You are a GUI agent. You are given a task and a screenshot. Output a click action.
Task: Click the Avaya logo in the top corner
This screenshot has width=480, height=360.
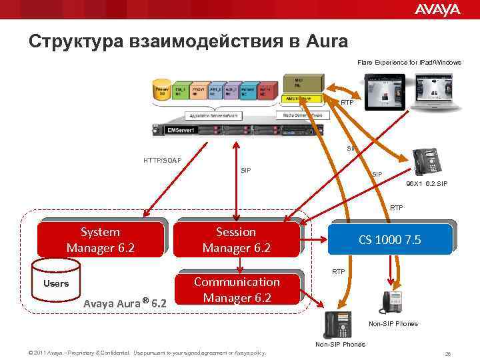pyautogui.click(x=437, y=9)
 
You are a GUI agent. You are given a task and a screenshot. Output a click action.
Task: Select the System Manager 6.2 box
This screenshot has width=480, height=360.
pyautogui.click(x=100, y=240)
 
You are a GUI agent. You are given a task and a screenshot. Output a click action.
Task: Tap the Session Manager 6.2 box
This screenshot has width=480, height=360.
pyautogui.click(x=236, y=240)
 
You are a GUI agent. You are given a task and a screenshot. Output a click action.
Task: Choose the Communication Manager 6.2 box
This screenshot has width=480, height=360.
pyautogui.click(x=237, y=290)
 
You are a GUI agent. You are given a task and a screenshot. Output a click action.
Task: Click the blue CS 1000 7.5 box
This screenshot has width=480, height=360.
pyautogui.click(x=389, y=240)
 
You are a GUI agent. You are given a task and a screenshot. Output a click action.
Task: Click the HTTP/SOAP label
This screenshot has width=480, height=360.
pyautogui.click(x=162, y=160)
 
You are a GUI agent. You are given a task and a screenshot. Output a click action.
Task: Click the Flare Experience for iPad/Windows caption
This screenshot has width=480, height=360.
pyautogui.click(x=409, y=62)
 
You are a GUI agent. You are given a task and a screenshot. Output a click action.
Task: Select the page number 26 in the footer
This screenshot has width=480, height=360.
pyautogui.click(x=447, y=353)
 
